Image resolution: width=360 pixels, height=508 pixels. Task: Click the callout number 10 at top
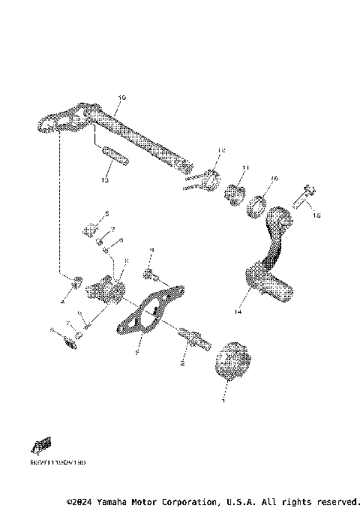click(x=123, y=98)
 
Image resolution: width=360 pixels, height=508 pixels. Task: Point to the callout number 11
click(x=244, y=167)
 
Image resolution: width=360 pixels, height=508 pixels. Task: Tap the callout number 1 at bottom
click(x=223, y=400)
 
